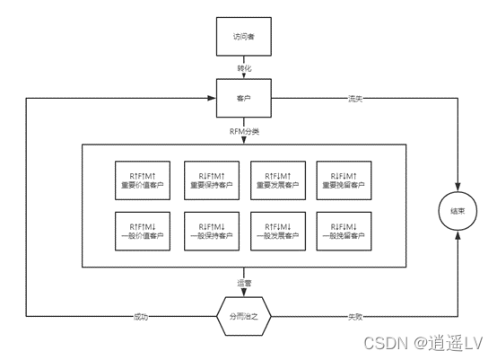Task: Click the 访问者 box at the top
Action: tap(244, 37)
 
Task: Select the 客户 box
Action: tap(244, 98)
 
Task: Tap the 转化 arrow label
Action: tap(244, 68)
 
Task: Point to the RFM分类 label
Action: tap(244, 131)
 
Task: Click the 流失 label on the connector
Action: tap(355, 99)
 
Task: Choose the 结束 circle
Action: tap(458, 211)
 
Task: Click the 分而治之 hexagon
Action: tap(244, 316)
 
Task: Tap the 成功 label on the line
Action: tap(141, 317)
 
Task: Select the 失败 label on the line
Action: tap(355, 317)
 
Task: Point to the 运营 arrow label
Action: tap(244, 283)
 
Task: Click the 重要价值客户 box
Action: tap(143, 180)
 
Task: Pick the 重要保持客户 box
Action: tap(212, 180)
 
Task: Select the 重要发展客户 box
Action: tap(278, 180)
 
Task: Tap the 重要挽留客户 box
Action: tap(344, 180)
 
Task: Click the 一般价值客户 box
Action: tap(143, 232)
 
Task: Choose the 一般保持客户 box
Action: tap(212, 232)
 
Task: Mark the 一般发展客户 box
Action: tap(278, 232)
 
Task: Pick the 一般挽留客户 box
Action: tap(344, 232)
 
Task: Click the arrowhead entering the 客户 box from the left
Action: tap(212, 98)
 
